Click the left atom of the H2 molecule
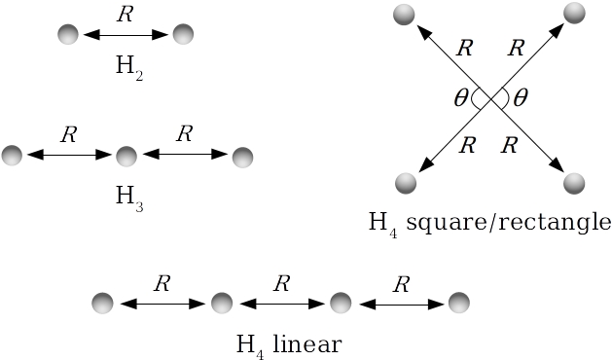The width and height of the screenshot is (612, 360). pyautogui.click(x=67, y=35)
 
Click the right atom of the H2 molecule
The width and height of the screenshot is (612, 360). pyautogui.click(x=183, y=35)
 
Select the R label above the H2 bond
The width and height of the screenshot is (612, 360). pyautogui.click(x=124, y=15)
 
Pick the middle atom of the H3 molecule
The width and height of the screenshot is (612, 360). pyautogui.click(x=126, y=156)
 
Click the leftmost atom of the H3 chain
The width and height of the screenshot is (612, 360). pyautogui.click(x=12, y=155)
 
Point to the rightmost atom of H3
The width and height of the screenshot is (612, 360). pyautogui.click(x=242, y=156)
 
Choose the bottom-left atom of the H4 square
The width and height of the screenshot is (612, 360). pyautogui.click(x=405, y=183)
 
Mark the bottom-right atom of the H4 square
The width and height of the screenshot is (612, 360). pyautogui.click(x=575, y=183)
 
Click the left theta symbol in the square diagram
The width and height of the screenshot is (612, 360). pyautogui.click(x=460, y=97)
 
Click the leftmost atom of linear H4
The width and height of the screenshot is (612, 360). pyautogui.click(x=103, y=303)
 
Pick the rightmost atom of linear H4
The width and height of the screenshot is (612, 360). pyautogui.click(x=458, y=303)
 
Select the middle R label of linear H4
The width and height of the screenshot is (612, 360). pyautogui.click(x=281, y=284)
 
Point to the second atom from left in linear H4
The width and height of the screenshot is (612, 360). pyautogui.click(x=222, y=303)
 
